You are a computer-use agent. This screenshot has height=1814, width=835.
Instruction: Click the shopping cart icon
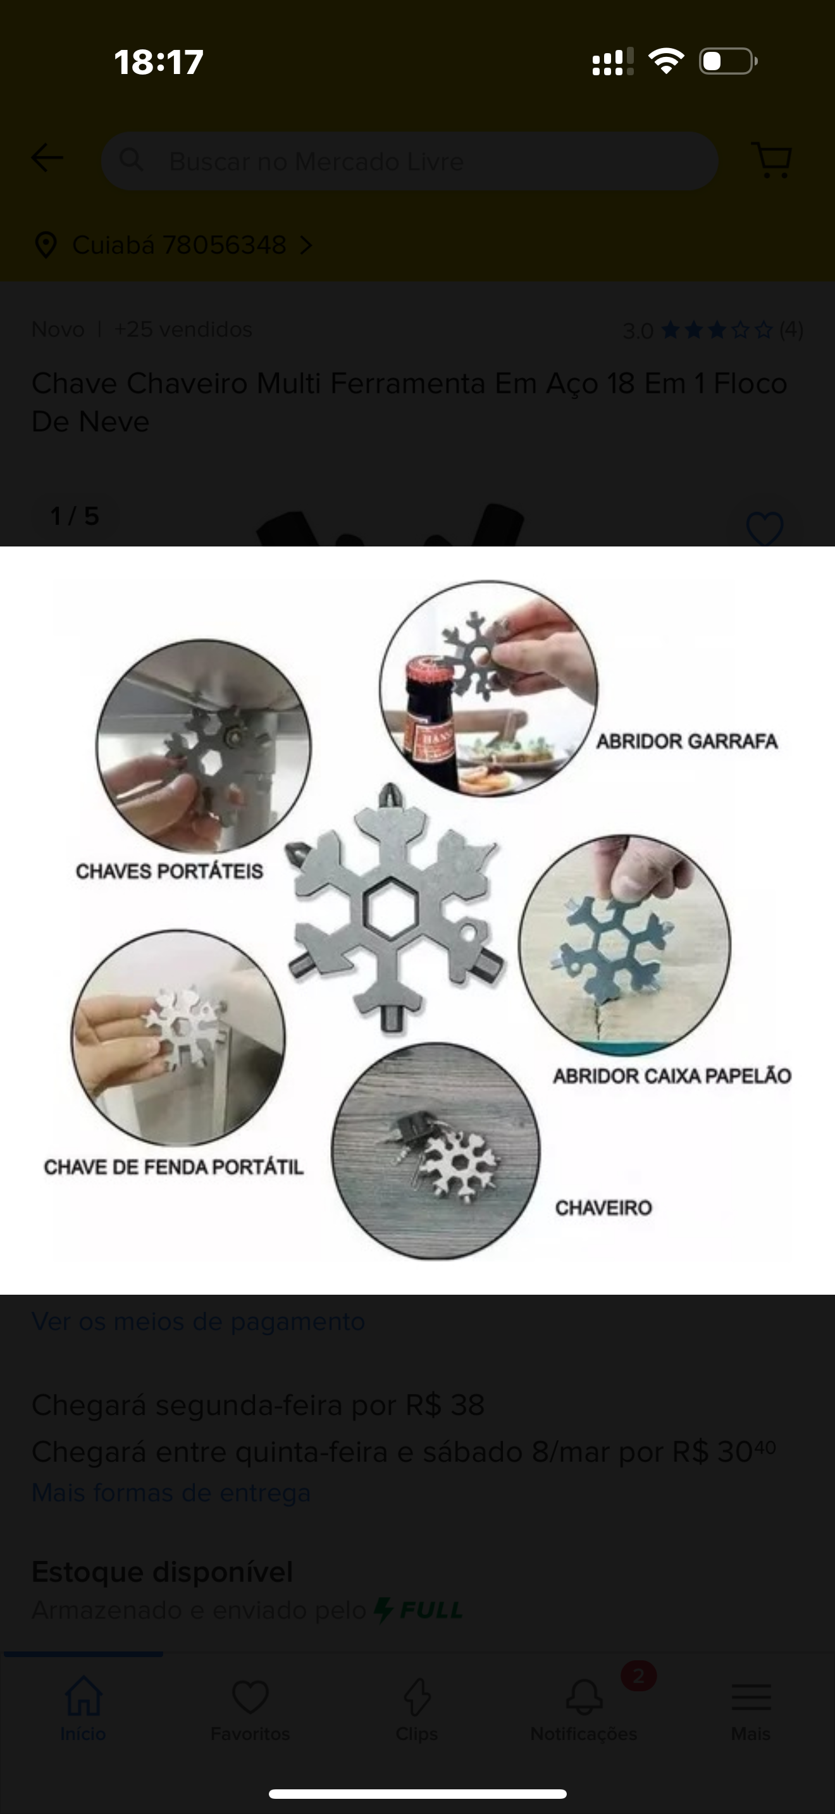click(772, 160)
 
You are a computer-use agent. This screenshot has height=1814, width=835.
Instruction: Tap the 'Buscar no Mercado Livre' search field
click(409, 161)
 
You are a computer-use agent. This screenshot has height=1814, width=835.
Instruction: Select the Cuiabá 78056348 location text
click(180, 245)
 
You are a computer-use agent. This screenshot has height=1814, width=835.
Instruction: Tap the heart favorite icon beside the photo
click(765, 529)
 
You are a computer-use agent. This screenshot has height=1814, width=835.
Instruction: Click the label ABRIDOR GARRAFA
click(686, 741)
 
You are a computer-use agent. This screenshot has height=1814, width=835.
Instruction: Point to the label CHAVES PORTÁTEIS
click(169, 871)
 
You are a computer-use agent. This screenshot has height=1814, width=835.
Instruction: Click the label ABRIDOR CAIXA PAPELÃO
click(672, 1075)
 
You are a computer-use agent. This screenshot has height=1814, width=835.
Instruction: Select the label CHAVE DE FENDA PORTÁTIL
click(173, 1167)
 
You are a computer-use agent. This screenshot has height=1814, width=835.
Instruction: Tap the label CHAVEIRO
click(603, 1207)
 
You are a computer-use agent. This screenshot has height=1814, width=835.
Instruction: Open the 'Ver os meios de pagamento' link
click(198, 1321)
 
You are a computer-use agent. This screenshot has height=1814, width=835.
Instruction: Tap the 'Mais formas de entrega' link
click(171, 1492)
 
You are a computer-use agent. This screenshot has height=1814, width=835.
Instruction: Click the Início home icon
click(83, 1696)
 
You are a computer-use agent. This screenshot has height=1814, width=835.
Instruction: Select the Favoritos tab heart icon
click(250, 1697)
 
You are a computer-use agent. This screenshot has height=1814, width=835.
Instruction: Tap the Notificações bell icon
click(584, 1697)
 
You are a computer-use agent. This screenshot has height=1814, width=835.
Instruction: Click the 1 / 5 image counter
click(75, 516)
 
